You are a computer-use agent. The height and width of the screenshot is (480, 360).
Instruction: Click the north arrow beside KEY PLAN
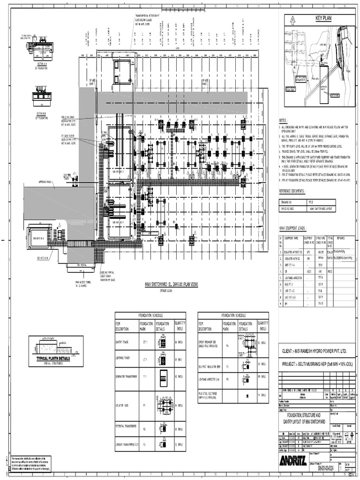[292, 19]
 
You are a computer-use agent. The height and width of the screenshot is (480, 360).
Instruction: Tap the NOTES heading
[285, 120]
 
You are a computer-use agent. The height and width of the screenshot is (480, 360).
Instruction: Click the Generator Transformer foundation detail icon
[163, 377]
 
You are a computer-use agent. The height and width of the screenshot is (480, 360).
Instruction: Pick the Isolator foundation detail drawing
[163, 404]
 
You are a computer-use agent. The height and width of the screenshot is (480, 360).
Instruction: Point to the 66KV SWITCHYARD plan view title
[164, 284]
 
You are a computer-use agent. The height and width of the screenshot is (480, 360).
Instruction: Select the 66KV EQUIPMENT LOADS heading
[292, 228]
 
